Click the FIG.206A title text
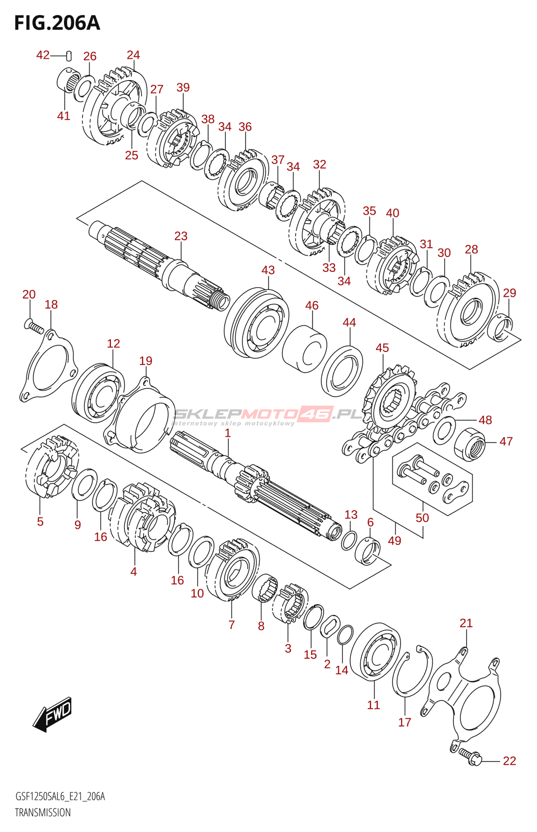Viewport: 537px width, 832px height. coord(57,23)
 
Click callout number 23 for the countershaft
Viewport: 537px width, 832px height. coord(181,236)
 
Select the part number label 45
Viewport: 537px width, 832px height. coord(382,348)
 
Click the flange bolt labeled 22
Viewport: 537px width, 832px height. coord(469,756)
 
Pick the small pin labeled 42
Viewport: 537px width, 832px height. coord(69,56)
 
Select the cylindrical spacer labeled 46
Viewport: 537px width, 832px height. coord(304,349)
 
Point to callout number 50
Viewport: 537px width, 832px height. coord(422,518)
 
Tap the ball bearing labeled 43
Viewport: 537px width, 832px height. coord(257,322)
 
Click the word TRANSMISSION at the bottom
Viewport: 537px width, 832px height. coord(43,813)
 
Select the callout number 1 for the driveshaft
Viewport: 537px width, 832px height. coord(227,433)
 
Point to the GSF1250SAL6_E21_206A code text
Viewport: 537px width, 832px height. coord(60,797)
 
